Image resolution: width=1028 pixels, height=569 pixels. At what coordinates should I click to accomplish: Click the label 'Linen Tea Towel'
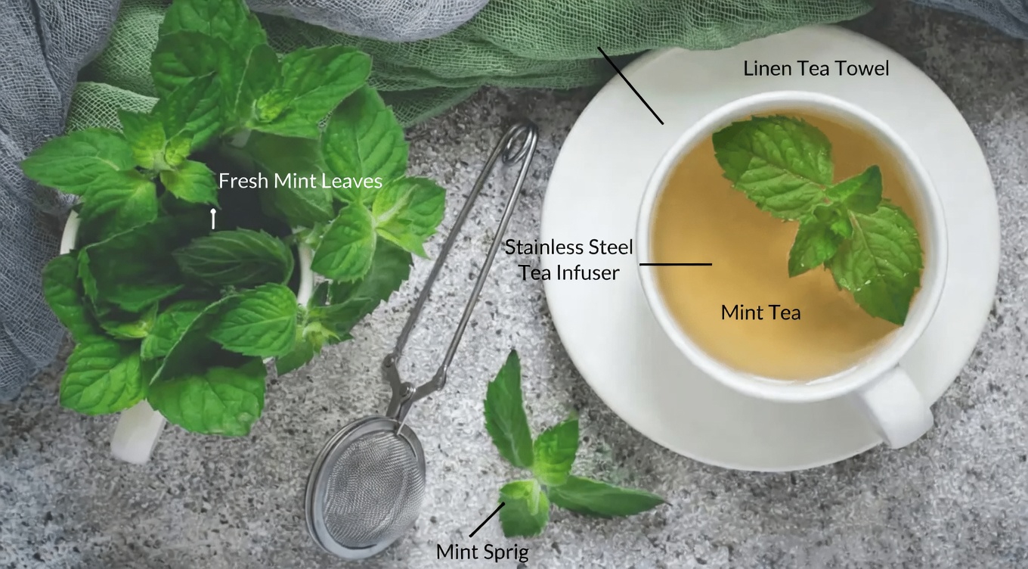[816, 69]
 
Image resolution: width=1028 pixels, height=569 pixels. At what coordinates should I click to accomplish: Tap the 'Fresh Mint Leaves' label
[300, 182]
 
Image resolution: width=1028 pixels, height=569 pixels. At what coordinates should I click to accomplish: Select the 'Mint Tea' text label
[760, 312]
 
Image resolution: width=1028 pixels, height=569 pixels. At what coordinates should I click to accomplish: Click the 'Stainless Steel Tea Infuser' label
[568, 260]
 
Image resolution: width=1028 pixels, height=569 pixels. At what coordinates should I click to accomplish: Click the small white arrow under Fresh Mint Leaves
[213, 219]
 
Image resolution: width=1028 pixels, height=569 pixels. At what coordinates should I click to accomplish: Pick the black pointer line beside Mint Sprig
[487, 520]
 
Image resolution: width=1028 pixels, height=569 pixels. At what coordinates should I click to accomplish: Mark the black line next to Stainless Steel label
[676, 264]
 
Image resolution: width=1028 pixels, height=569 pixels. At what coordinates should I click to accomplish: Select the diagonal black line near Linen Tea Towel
[630, 85]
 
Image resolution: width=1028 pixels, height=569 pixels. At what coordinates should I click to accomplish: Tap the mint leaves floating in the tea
[824, 212]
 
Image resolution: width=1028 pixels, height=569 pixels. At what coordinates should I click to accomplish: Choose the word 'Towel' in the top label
[861, 69]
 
